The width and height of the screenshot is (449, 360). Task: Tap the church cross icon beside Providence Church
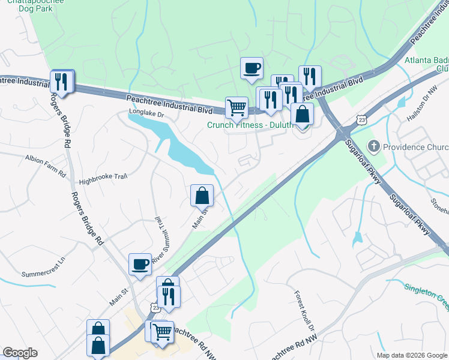(x=373, y=146)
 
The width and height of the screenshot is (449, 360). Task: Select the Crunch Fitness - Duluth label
(x=250, y=125)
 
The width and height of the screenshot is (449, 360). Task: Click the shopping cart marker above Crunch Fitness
(x=237, y=109)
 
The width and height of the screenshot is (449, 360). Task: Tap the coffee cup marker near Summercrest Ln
(x=140, y=265)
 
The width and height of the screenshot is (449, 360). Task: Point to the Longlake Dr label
(x=146, y=113)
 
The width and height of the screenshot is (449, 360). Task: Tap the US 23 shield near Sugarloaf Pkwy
(x=361, y=119)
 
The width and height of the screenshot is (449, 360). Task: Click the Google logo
(x=20, y=353)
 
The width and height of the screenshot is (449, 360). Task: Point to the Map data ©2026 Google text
(x=411, y=355)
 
